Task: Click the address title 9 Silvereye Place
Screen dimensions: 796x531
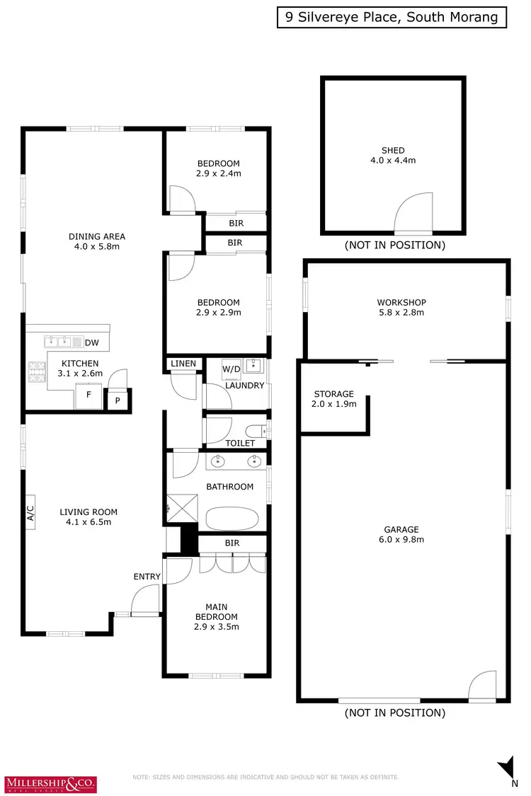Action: coord(392,18)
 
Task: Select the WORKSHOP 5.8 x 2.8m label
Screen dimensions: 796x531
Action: coord(401,307)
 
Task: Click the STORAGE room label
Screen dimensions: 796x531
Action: coord(333,398)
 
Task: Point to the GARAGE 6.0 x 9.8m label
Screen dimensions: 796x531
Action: coord(401,534)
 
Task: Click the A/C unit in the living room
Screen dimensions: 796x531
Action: coord(30,512)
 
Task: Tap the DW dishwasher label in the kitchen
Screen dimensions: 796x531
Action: coord(91,343)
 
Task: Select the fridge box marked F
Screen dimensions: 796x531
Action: coord(88,395)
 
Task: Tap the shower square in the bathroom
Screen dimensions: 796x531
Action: coord(181,507)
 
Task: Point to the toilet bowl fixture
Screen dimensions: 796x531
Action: coord(255,429)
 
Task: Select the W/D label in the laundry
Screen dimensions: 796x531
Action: coord(231,369)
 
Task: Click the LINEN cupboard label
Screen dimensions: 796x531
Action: coord(183,364)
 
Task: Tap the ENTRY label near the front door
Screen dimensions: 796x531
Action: coord(147,577)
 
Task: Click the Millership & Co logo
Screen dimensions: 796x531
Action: coord(52,783)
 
